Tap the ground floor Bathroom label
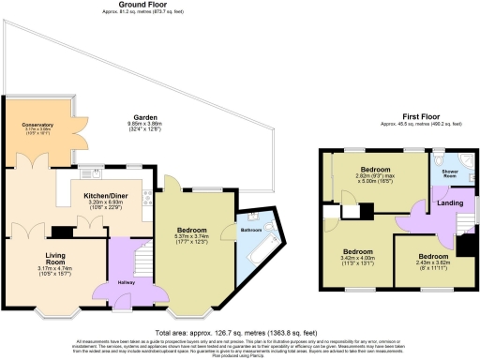251,230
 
